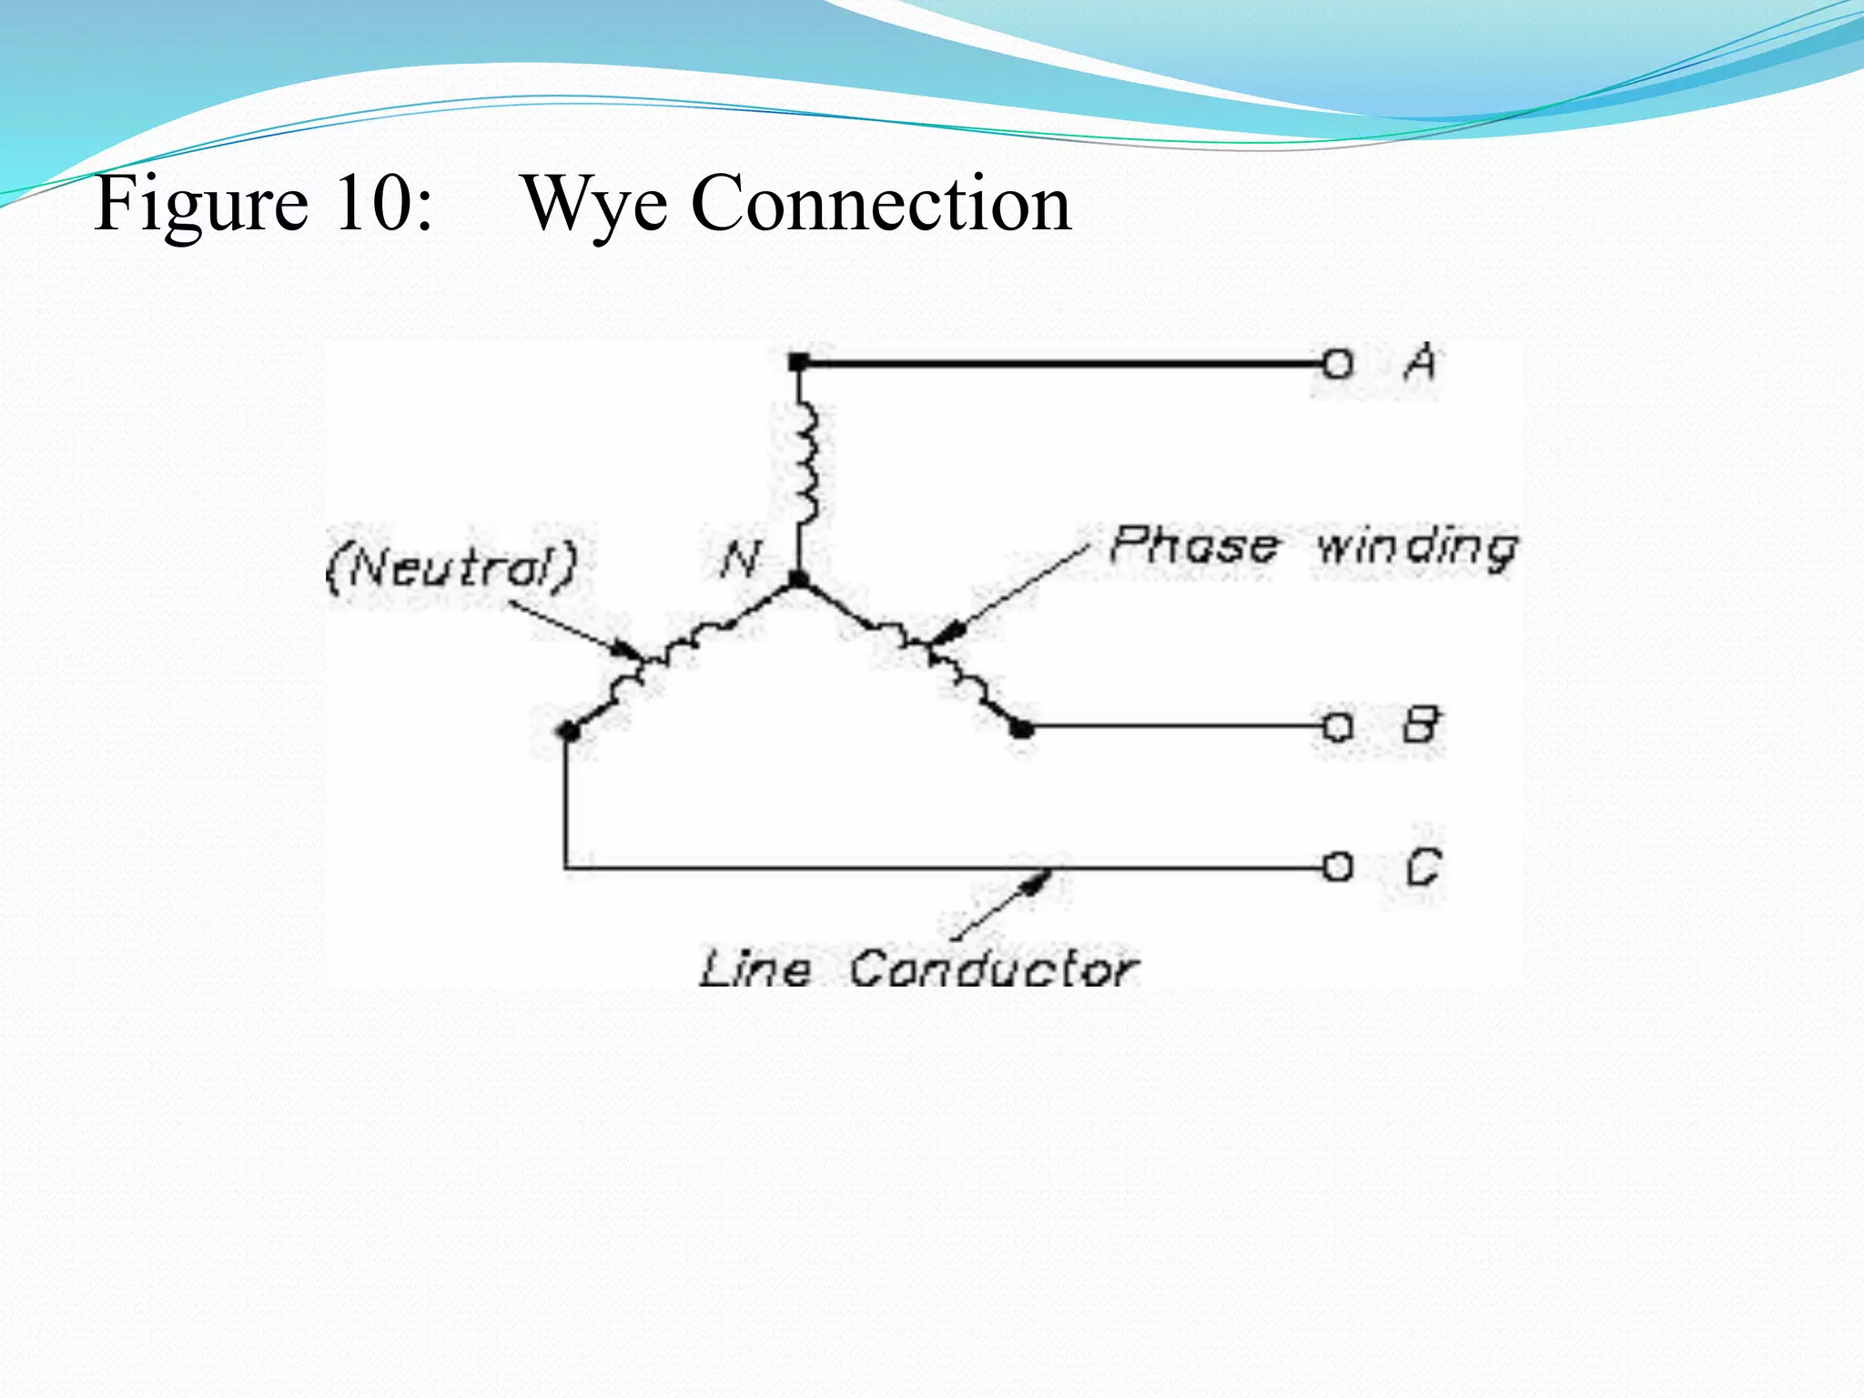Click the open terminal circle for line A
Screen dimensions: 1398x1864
pos(1337,365)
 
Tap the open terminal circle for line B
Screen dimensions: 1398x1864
pos(1337,727)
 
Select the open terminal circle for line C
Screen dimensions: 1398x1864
pos(1337,866)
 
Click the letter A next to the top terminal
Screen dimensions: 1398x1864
pos(1421,363)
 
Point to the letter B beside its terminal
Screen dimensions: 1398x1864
pos(1421,725)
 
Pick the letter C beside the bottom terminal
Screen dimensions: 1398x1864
pos(1423,866)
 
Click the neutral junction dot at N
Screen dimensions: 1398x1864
pos(798,579)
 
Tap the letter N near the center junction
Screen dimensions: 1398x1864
pos(740,559)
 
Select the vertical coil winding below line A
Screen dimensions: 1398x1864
pos(805,464)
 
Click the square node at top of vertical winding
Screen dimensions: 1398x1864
pos(798,363)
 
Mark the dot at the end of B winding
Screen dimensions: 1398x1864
pos(1022,728)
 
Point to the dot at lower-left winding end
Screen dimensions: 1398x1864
pos(567,730)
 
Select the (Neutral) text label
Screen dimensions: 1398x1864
pos(452,566)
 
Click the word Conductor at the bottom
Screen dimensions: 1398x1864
pos(993,968)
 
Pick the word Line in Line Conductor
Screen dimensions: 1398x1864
pos(755,968)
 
